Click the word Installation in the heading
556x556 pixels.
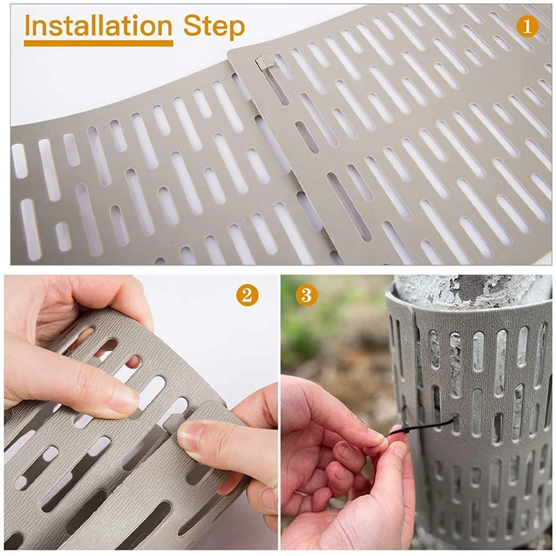coord(99,26)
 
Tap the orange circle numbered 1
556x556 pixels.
coord(528,26)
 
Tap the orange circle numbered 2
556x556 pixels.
coord(247,295)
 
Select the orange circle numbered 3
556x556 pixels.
coord(306,295)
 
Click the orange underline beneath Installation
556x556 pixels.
coord(99,43)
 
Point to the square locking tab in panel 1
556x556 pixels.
coord(263,63)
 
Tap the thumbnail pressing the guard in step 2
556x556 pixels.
coord(192,439)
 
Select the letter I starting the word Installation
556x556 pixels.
coord(28,26)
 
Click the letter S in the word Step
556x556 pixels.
coord(192,26)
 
